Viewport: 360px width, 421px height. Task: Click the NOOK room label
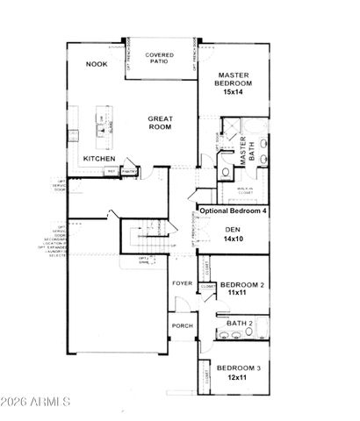click(97, 64)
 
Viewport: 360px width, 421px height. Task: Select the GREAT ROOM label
click(160, 123)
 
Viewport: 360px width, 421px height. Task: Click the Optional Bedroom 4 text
click(234, 210)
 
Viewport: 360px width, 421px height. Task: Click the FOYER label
click(181, 283)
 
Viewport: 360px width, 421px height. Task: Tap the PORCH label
click(182, 325)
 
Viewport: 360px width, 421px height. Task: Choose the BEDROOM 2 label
click(241, 285)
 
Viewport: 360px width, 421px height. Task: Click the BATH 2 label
click(239, 324)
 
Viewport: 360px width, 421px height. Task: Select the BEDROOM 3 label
click(239, 367)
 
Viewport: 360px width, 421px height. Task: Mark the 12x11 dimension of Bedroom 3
click(235, 377)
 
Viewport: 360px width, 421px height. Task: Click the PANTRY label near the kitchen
click(128, 171)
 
